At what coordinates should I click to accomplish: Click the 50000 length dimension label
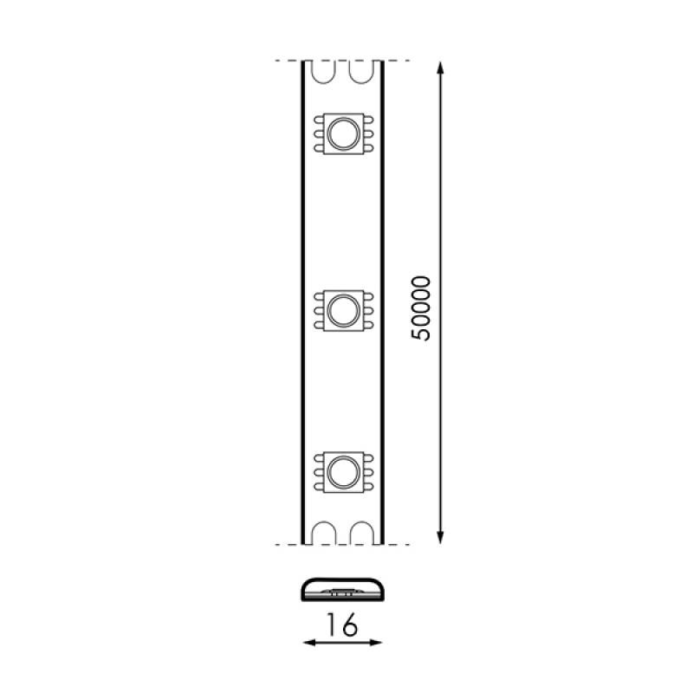421,308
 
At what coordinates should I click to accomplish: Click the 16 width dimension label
341,625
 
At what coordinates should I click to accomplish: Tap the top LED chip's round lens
343,133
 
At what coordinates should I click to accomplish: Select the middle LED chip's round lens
343,311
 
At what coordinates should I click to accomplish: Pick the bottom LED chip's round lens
343,472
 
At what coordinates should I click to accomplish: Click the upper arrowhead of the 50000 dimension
440,68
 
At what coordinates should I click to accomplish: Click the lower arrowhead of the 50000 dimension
440,536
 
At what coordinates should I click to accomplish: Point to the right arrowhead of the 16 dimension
375,642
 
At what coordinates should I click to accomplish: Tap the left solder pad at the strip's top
324,72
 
